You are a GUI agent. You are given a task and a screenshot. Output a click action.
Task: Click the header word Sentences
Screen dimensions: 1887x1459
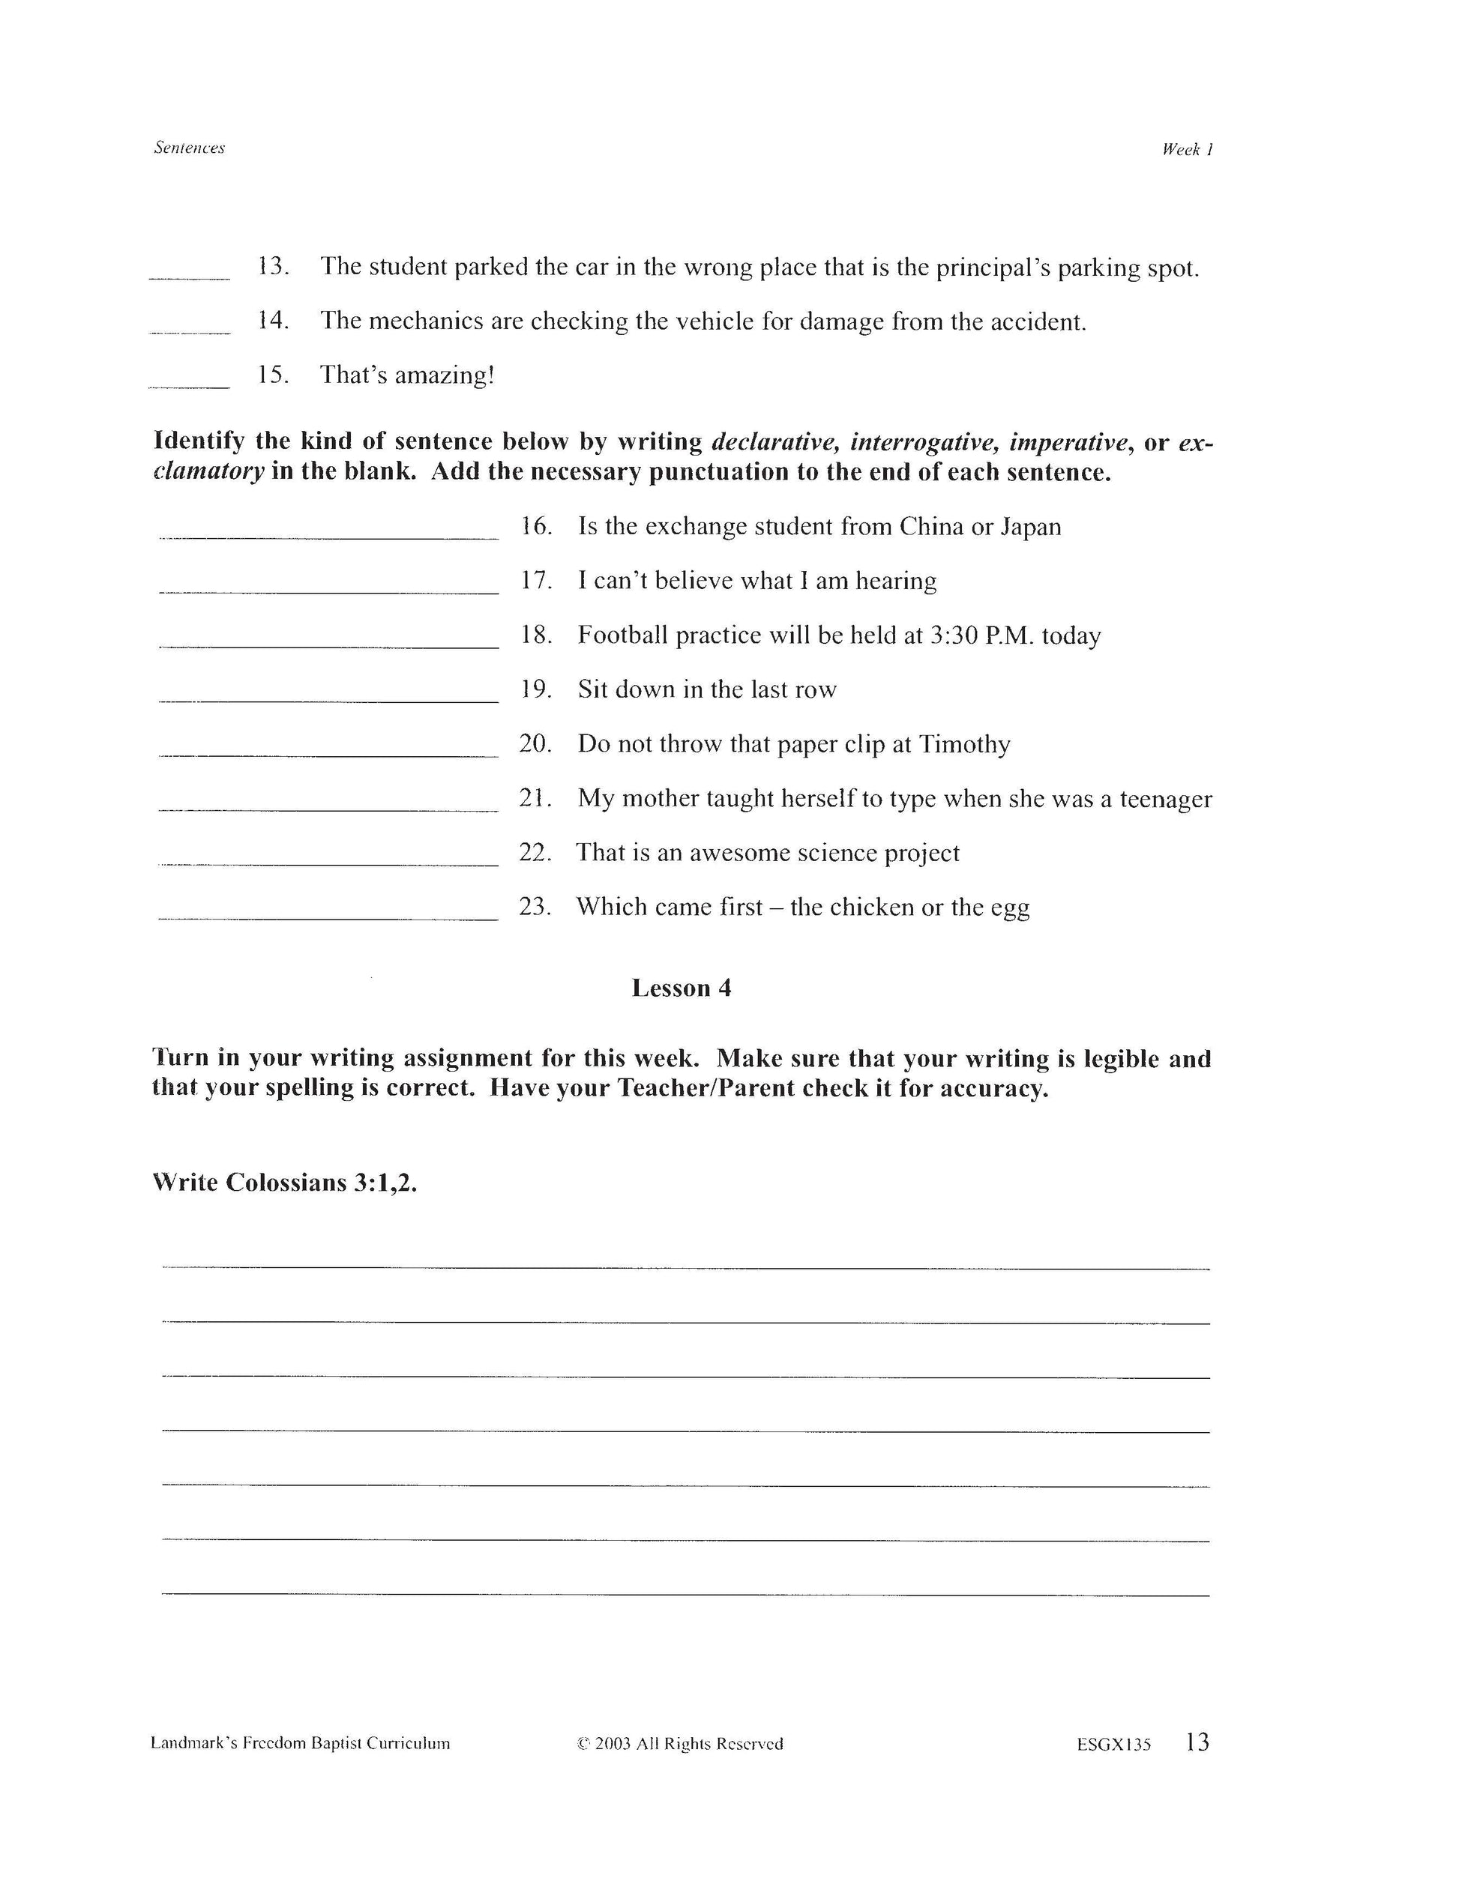189,148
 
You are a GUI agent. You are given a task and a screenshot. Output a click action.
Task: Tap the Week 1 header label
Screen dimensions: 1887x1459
1187,149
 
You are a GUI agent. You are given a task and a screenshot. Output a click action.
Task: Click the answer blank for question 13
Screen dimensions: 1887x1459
189,275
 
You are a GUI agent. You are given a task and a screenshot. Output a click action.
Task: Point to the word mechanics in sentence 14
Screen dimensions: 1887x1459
428,321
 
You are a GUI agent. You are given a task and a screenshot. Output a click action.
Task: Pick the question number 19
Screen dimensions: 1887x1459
536,689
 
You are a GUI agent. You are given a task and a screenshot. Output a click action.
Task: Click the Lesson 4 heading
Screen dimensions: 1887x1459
681,988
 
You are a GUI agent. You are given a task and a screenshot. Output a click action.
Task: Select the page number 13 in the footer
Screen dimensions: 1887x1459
1197,1742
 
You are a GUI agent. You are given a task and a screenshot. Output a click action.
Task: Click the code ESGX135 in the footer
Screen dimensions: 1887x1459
1113,1745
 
